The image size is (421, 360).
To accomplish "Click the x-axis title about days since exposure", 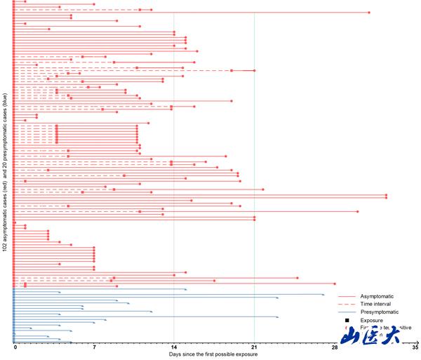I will (x=213, y=354).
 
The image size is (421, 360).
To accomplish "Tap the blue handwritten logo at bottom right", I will (x=370, y=336).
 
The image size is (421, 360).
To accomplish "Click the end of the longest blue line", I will (x=323, y=295).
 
